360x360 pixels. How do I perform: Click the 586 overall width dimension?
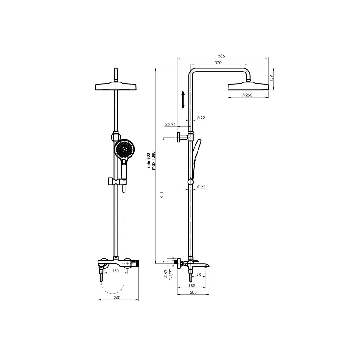click(221, 56)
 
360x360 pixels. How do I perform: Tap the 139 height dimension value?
click(271, 78)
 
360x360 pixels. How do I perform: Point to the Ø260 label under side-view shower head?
click(247, 95)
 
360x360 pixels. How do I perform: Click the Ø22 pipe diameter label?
click(201, 118)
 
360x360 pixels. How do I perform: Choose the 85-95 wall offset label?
click(170, 125)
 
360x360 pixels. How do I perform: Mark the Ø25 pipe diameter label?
click(201, 187)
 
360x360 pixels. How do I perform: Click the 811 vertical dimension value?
click(162, 195)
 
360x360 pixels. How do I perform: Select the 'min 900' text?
click(148, 161)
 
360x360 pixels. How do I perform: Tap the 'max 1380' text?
click(153, 161)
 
